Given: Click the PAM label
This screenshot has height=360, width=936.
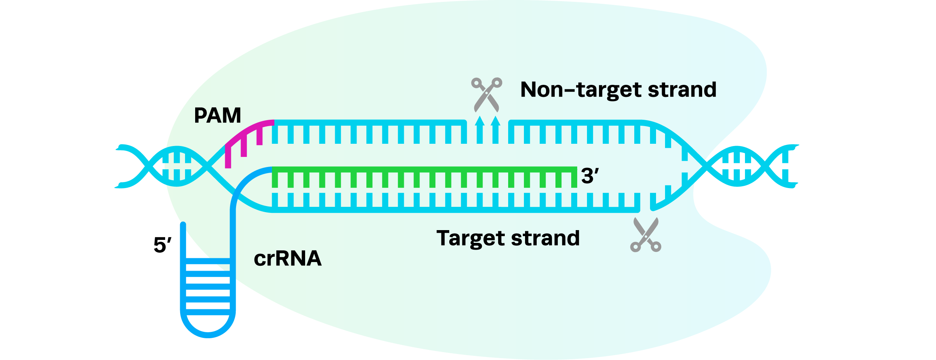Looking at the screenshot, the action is (217, 115).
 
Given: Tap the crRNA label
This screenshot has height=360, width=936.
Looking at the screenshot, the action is (287, 259).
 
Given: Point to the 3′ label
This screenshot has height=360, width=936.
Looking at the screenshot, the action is (590, 176).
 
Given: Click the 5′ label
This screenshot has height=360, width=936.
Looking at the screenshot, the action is (163, 245).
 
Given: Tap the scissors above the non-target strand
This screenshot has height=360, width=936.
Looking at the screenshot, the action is (487, 95).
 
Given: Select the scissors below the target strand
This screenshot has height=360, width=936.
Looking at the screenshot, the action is (646, 235).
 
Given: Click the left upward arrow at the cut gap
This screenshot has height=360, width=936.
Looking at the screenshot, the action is (480, 130).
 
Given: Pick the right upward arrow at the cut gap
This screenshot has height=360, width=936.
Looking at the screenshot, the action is (496, 130).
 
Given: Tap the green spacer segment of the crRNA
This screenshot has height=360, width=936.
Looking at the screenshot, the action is (424, 177).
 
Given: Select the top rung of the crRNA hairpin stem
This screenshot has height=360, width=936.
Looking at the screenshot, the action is (208, 261).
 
